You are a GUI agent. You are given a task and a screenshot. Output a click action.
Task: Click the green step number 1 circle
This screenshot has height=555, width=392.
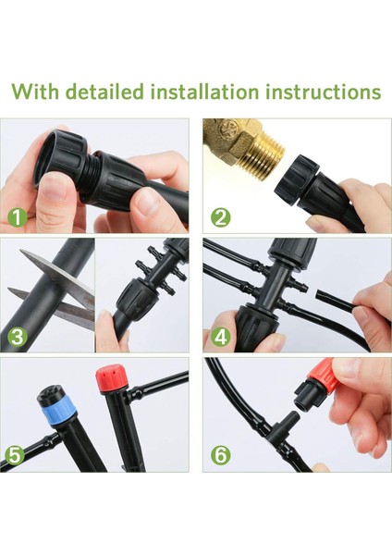coord(18,217)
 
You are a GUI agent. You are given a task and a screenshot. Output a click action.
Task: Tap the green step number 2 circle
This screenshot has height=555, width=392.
coord(220,217)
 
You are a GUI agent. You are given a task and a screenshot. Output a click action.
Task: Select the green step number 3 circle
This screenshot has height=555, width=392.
coord(18,337)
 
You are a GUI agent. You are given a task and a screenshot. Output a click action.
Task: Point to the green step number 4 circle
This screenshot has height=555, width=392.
coord(220,337)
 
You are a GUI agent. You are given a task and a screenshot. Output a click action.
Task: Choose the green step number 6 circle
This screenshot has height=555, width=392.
coord(220,455)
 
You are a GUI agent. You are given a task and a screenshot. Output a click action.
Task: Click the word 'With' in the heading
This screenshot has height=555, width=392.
coord(35,92)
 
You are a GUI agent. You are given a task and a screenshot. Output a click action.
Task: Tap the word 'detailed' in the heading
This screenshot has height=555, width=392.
coord(105,92)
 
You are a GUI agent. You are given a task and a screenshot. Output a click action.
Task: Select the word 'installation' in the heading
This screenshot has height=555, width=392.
coord(205,92)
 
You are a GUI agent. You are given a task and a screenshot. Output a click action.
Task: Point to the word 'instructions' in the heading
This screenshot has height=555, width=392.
coord(324,92)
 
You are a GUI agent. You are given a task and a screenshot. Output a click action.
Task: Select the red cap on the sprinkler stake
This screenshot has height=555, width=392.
coord(109,380)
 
